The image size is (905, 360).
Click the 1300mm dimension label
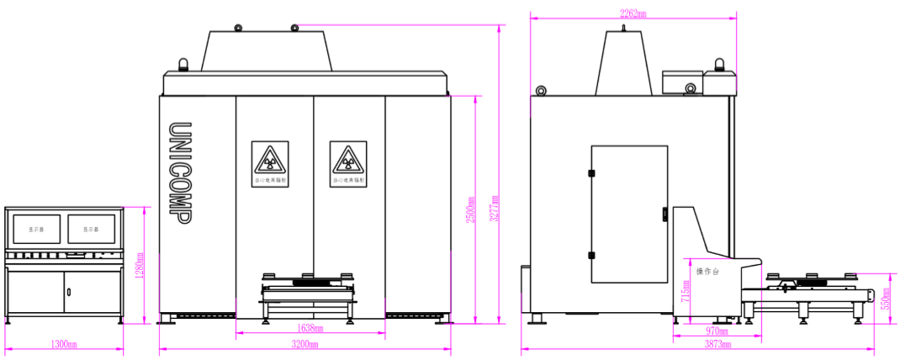coord(64,345)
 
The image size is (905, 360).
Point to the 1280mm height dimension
coord(140,267)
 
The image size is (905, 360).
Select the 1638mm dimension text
coord(310,329)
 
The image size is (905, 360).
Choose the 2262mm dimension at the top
coord(633,13)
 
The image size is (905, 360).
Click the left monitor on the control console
coord(35,229)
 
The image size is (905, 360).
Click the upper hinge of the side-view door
coord(591,173)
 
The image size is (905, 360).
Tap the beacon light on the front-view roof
coord(183,66)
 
